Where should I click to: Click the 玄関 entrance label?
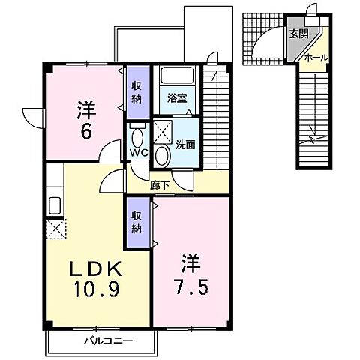click(298, 34)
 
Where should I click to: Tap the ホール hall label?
click(316, 58)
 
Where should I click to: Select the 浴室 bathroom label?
click(177, 98)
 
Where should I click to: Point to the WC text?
click(139, 153)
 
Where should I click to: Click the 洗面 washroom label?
click(185, 145)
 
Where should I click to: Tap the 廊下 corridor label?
click(160, 185)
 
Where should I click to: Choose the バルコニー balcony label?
click(108, 340)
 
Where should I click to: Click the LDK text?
click(96, 268)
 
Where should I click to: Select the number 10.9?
click(97, 289)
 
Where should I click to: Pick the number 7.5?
click(191, 288)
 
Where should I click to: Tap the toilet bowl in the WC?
click(137, 137)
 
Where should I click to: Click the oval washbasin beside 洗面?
click(163, 156)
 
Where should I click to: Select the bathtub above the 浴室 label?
click(178, 75)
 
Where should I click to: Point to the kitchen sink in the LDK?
click(55, 205)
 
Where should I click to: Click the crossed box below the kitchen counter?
click(56, 229)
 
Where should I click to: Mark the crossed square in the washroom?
click(163, 132)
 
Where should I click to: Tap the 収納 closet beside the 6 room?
click(138, 92)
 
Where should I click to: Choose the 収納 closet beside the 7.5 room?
click(138, 223)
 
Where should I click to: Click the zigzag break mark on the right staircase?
click(313, 137)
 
